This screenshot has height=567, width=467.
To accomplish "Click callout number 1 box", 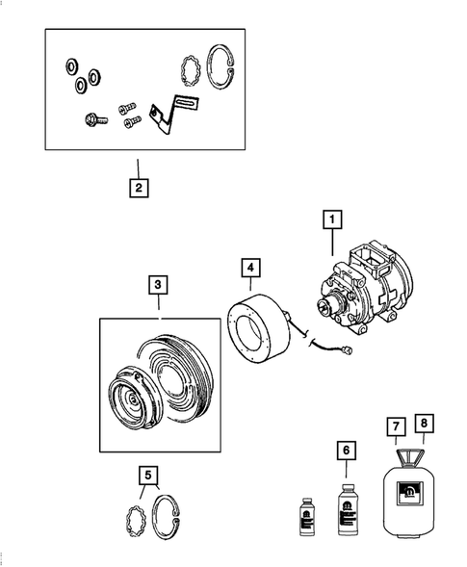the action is tap(332, 219).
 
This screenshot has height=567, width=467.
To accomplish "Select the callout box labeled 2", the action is tap(139, 188).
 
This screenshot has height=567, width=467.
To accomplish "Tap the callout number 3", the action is tap(158, 285).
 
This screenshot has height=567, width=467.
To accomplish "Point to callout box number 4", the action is tap(250, 268).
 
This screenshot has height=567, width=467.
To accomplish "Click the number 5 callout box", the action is tap(148, 476).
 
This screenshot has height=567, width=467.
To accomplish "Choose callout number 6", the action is tap(347, 451).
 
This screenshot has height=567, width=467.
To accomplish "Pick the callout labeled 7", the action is tap(396, 426).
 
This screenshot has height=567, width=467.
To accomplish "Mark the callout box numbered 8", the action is tap(424, 424).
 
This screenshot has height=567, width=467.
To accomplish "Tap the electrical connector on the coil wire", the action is tap(349, 350).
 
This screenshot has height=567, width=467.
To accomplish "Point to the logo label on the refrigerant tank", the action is tap(410, 493).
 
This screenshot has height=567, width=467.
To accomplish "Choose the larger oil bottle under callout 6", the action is tap(348, 509).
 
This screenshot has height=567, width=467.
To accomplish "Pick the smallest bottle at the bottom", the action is tap(306, 516).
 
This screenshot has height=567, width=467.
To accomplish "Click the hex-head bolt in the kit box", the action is tap(96, 119).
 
